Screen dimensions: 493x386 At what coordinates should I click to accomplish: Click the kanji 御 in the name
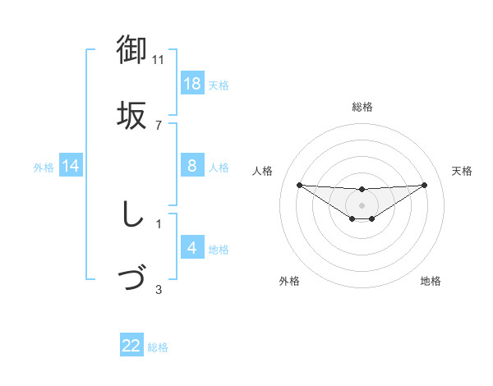tap(132, 49)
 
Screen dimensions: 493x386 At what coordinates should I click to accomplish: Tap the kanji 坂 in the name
tap(132, 114)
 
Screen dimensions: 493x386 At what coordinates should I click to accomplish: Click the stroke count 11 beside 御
tap(159, 60)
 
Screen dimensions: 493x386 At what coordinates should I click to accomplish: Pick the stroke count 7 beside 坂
tap(159, 125)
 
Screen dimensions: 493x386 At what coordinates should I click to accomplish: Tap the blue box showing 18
tap(192, 84)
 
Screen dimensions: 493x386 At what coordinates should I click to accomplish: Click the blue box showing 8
tap(192, 166)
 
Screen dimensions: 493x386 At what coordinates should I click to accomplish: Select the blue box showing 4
tap(192, 248)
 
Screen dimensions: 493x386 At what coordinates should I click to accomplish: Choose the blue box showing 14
tap(71, 166)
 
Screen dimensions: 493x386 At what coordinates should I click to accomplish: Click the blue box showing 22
tap(131, 346)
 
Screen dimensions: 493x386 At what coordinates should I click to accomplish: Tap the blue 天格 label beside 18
tap(219, 85)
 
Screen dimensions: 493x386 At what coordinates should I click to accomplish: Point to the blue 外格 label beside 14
tap(44, 167)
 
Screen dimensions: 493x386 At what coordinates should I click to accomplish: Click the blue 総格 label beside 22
tap(158, 347)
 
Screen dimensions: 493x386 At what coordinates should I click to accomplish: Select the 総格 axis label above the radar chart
tap(362, 107)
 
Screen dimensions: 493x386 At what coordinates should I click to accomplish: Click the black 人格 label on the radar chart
tap(263, 171)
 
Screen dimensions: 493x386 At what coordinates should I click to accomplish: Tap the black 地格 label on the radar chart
tap(431, 281)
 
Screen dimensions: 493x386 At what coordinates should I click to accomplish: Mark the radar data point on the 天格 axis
tap(425, 185)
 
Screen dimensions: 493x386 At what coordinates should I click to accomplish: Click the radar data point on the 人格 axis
tap(299, 185)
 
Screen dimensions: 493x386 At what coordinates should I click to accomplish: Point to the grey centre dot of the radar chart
tap(362, 205)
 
